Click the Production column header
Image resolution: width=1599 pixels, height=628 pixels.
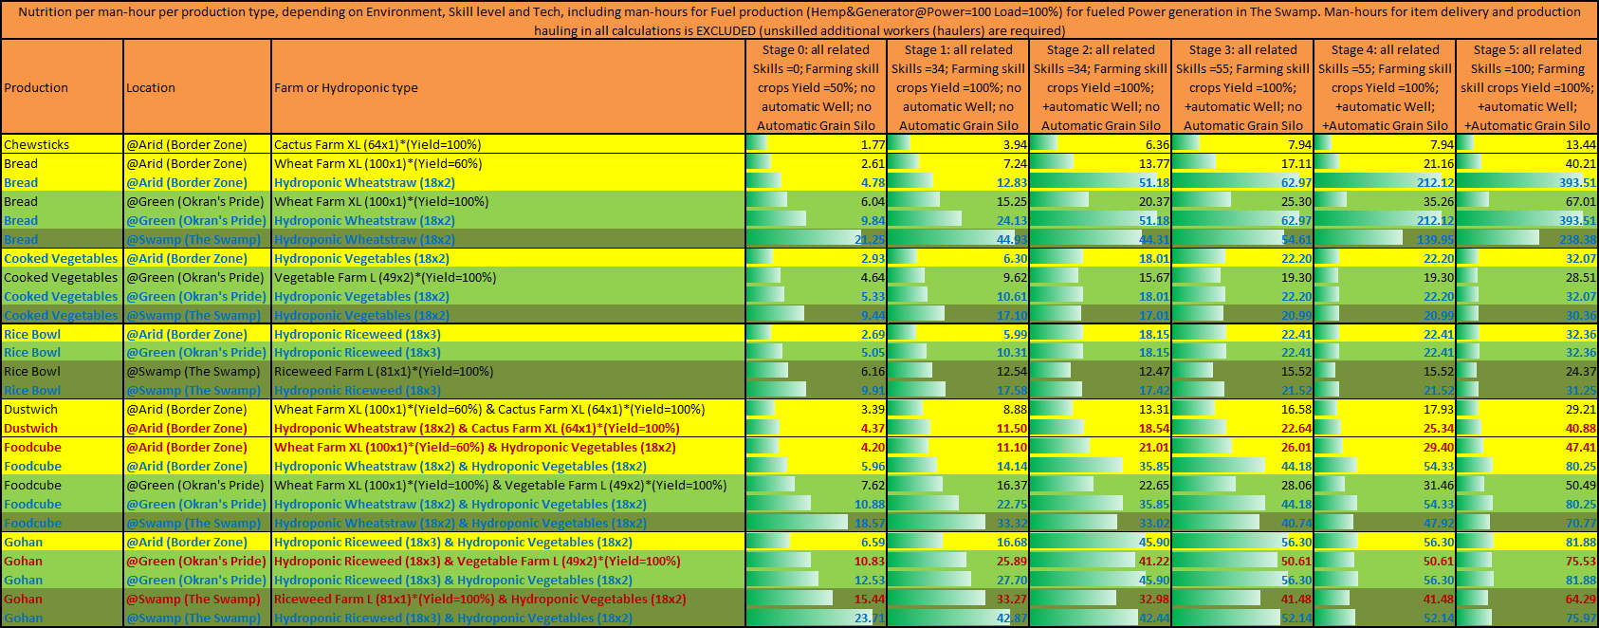36,87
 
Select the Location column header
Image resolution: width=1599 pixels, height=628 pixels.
151,87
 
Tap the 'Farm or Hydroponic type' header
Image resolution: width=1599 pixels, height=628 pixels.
346,87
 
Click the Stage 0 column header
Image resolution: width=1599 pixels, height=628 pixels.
816,87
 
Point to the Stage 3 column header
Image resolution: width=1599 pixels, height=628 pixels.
1242,87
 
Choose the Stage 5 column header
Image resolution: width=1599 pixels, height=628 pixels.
1527,87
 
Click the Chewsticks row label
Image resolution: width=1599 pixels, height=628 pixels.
36,144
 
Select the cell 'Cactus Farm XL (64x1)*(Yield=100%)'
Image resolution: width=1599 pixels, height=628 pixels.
377,144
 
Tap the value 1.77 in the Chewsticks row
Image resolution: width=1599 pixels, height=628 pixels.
873,144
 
